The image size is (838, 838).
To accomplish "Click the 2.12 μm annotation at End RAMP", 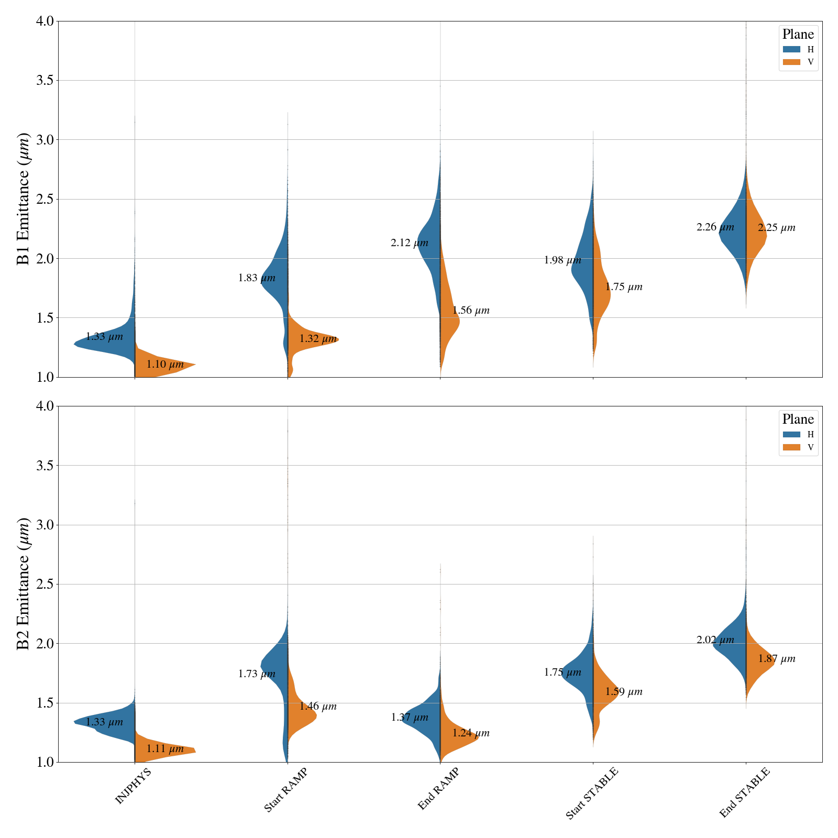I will click(409, 243).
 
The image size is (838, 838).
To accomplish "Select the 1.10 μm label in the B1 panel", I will click(165, 365).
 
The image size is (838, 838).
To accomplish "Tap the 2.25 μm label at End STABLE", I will click(776, 228).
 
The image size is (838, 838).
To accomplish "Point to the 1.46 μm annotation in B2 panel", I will click(318, 707).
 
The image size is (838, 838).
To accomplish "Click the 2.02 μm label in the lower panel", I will click(715, 640).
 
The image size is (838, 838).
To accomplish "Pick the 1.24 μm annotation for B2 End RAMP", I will click(471, 733).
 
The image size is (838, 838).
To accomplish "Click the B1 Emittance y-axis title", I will click(24, 199).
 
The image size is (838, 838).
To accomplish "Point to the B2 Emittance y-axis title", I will click(24, 584).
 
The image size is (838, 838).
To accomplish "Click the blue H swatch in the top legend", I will click(791, 49).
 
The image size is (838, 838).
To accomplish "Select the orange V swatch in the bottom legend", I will click(791, 447).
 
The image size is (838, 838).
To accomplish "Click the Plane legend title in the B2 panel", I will click(798, 420).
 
